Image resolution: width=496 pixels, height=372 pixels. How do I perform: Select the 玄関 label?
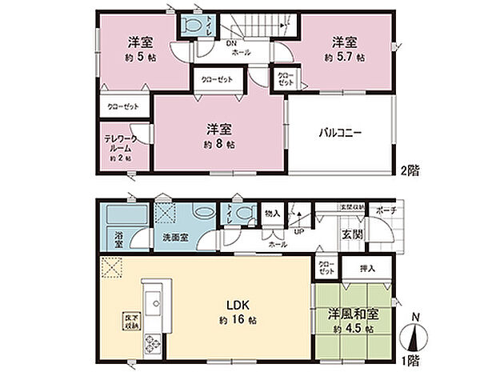coord(353,234)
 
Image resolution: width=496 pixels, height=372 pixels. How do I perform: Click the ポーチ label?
coord(384,210)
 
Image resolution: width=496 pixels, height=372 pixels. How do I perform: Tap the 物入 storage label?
coord(273,213)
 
